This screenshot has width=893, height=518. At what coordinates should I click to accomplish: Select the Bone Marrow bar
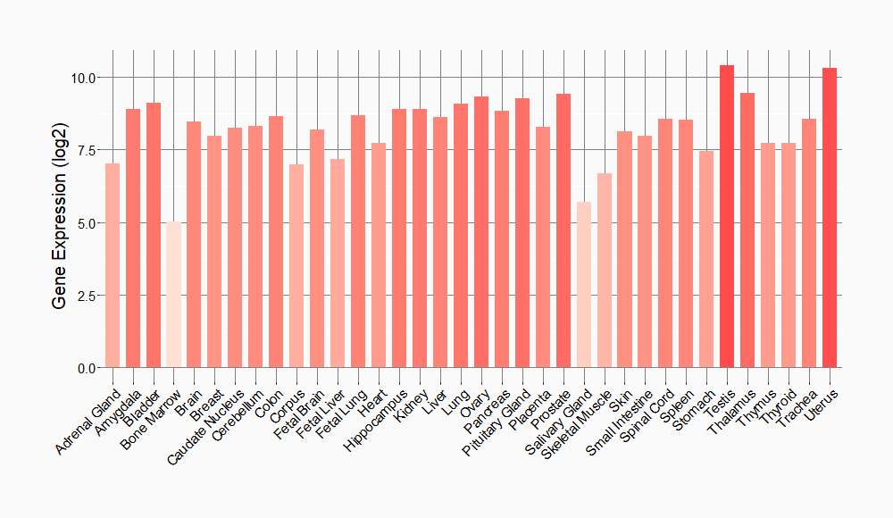pos(174,295)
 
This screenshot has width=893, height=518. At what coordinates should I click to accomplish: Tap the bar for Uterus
pos(830,218)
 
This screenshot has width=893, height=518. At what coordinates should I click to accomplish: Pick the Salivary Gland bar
pos(584,285)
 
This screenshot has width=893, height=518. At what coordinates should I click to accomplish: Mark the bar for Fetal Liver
pos(338,263)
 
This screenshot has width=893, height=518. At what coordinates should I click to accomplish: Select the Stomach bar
pos(706,259)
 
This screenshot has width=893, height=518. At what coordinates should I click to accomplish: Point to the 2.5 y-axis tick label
pos(87,296)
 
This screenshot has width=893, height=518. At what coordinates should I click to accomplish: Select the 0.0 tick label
pos(87,368)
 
